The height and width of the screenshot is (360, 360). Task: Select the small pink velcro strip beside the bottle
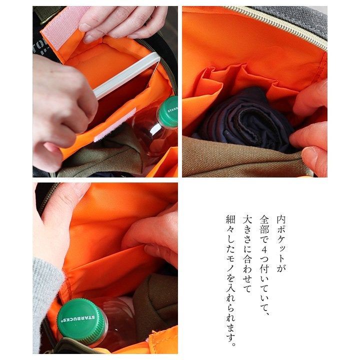[x=115, y=125]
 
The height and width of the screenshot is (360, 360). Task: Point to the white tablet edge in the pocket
[x=127, y=75]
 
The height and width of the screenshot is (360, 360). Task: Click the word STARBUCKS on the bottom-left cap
[x=78, y=318]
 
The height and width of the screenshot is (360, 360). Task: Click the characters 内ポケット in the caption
[x=281, y=239]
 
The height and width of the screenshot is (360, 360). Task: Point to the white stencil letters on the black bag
[x=38, y=49]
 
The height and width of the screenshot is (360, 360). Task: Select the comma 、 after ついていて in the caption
[x=266, y=312]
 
